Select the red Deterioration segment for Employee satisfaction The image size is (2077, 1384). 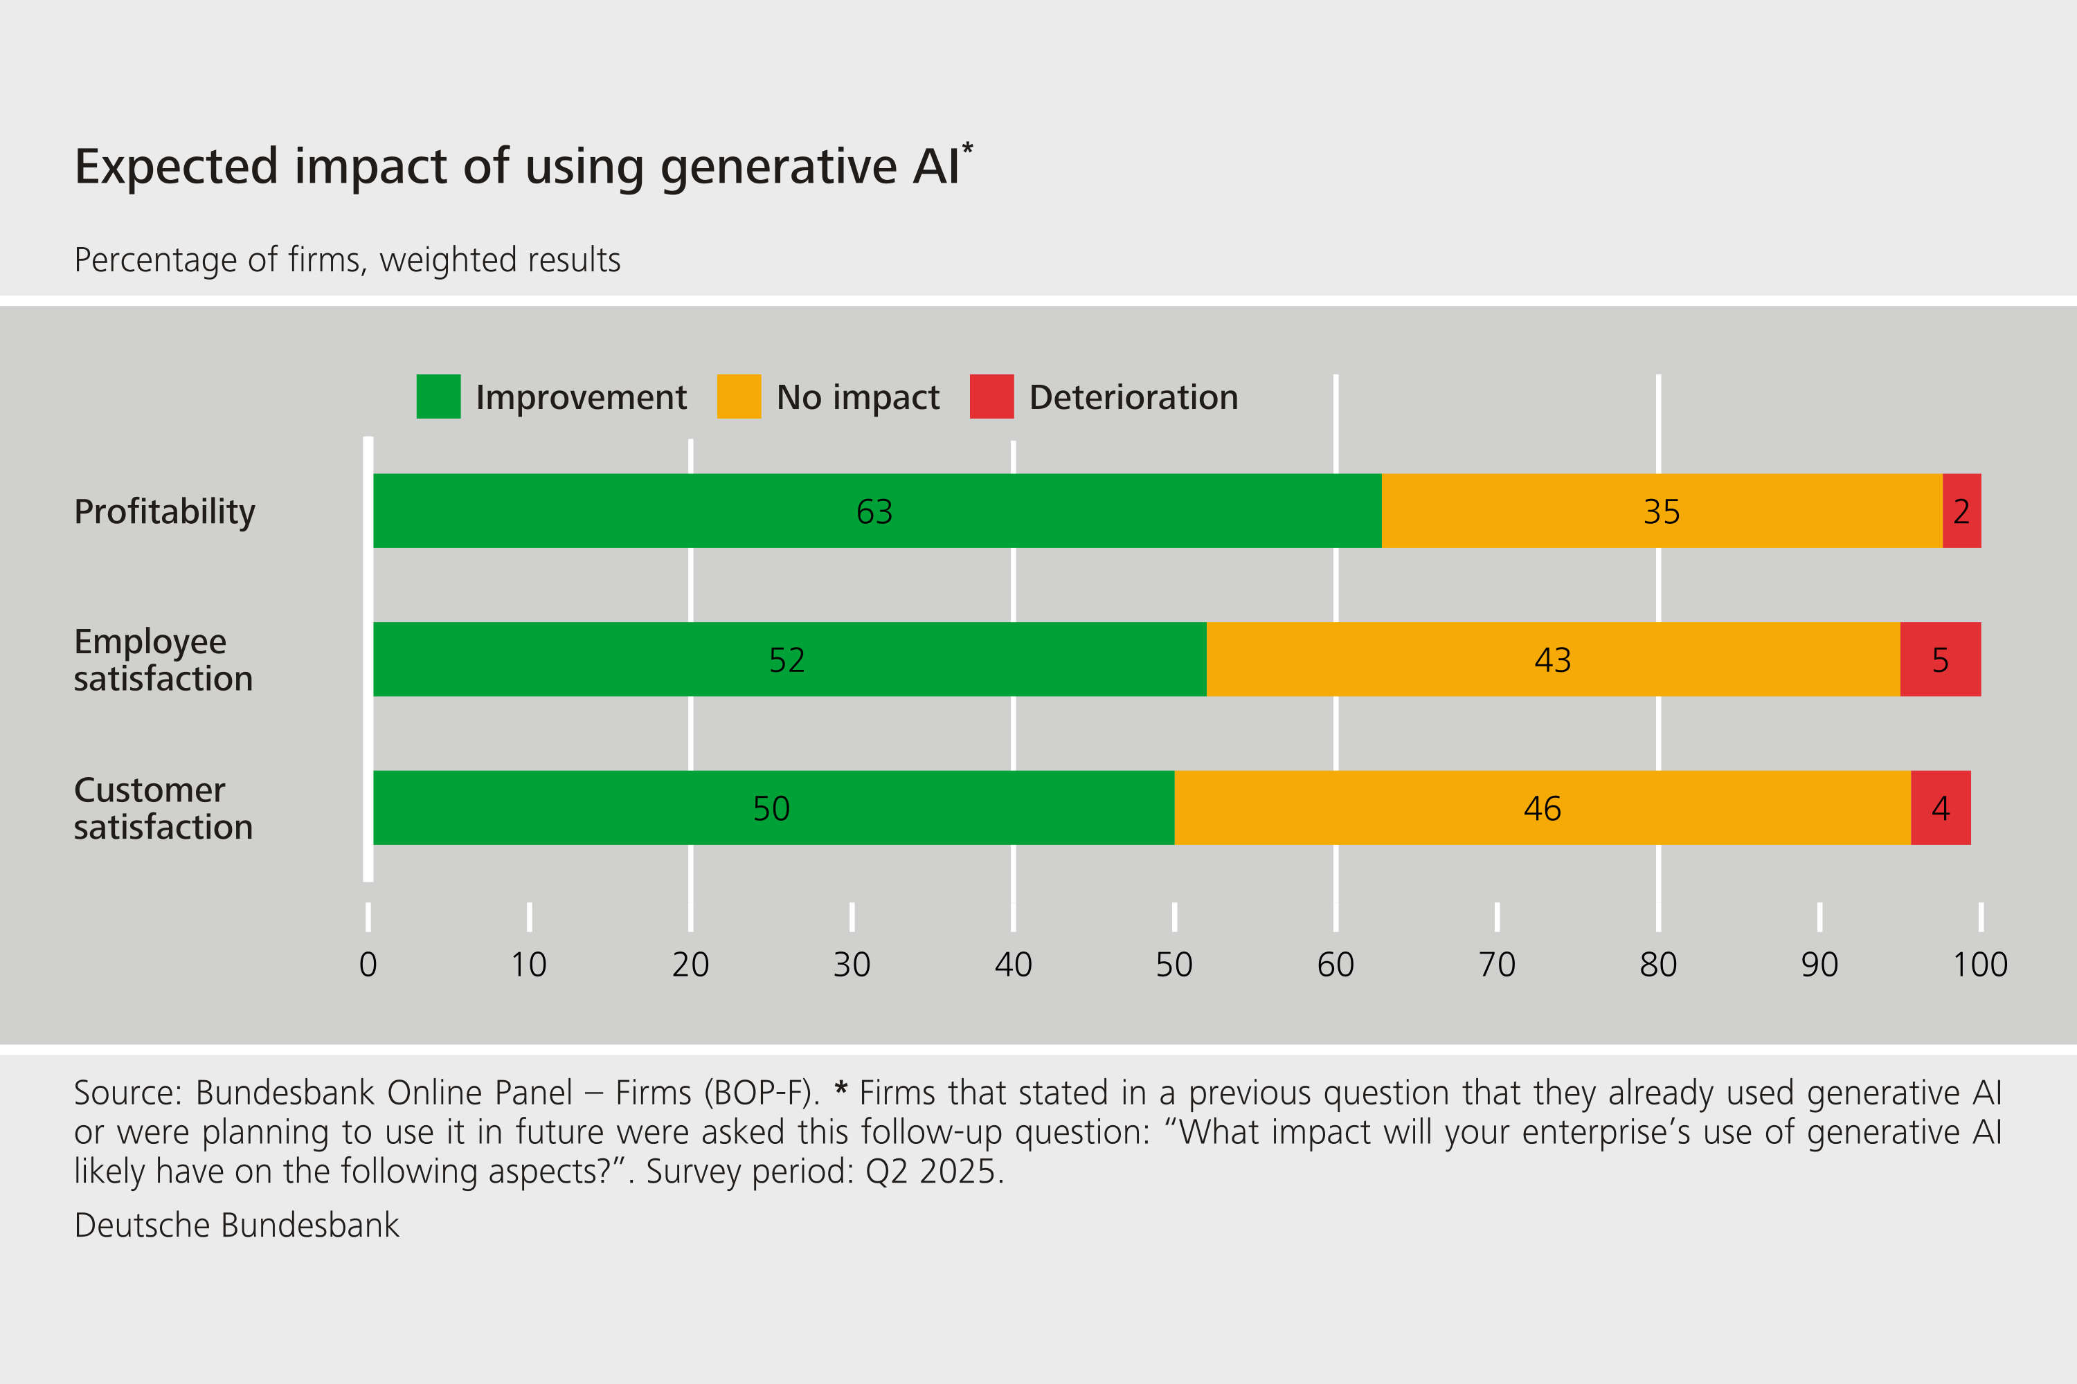tap(1940, 659)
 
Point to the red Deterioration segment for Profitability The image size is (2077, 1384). tap(1961, 511)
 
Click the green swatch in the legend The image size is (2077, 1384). tap(438, 397)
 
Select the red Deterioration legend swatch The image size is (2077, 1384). tap(991, 397)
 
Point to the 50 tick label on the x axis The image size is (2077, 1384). tap(1174, 965)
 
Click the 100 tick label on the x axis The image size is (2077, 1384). tap(1980, 965)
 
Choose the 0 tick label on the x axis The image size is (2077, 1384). tap(368, 965)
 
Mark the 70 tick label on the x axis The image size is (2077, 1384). tap(1497, 965)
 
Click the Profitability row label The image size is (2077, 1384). tap(164, 512)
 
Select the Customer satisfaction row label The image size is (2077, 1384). tap(163, 808)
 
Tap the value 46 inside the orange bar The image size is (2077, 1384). tap(1542, 808)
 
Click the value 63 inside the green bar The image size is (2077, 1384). tap(874, 512)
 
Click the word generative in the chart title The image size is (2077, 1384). tap(778, 167)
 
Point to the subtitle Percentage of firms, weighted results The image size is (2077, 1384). tap(347, 260)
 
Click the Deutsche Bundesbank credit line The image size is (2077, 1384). tap(237, 1225)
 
